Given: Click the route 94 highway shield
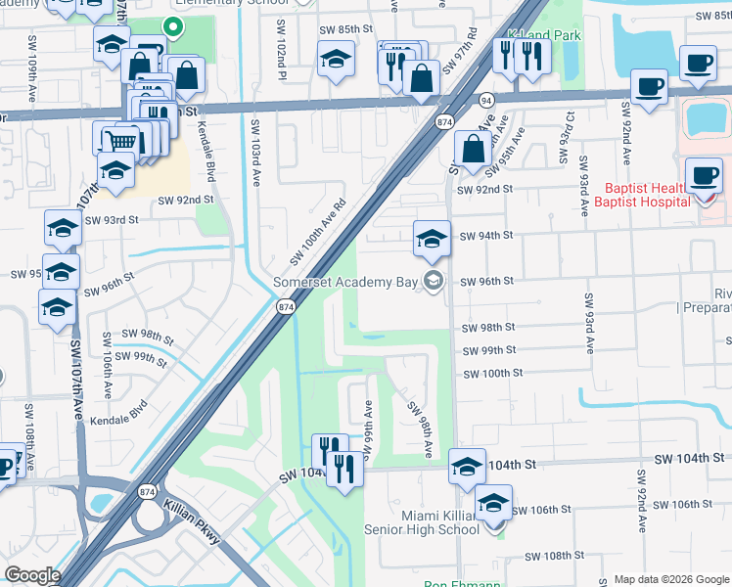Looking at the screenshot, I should pos(486,100).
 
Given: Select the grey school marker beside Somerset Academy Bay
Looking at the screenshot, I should pos(433,283).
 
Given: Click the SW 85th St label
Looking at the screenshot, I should pos(346,30).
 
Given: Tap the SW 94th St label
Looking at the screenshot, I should pos(486,236).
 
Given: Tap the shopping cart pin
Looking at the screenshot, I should pos(121,141).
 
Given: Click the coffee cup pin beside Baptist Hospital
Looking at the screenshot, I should pos(704,176).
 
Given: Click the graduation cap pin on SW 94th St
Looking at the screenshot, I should pos(432,238).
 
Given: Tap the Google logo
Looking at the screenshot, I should pos(32,575).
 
